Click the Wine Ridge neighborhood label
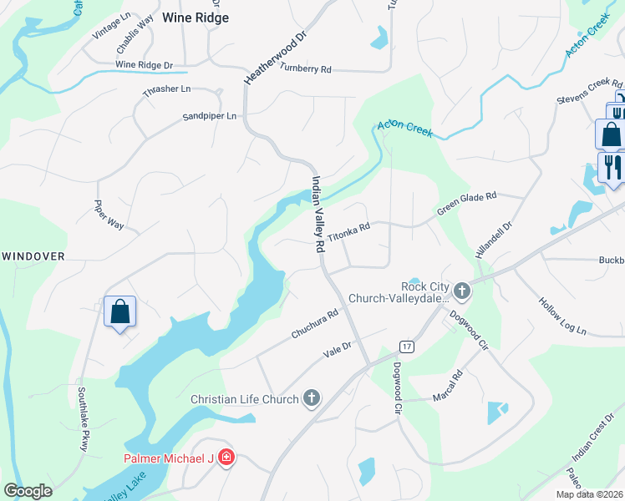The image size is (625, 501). (195, 17)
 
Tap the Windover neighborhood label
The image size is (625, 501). (33, 256)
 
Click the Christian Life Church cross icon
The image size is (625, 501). (312, 399)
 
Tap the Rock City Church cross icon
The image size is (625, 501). (462, 291)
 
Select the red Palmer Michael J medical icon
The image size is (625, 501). (227, 458)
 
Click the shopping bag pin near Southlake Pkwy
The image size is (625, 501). (120, 311)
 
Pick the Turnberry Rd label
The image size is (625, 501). (306, 68)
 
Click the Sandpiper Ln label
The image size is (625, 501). (210, 116)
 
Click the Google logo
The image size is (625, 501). (28, 491)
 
